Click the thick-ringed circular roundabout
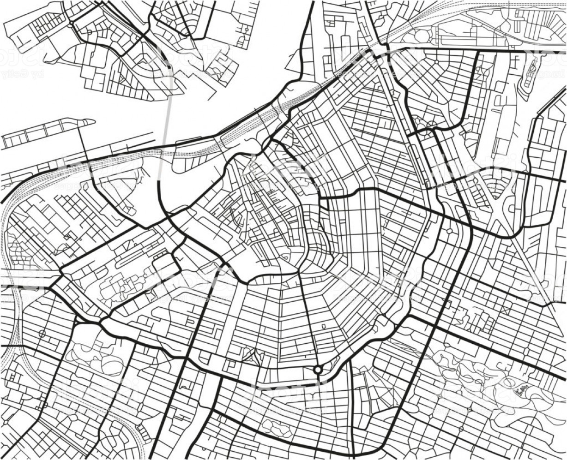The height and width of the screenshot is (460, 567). click(318, 370)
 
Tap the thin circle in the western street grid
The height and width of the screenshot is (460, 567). click(42, 333)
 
